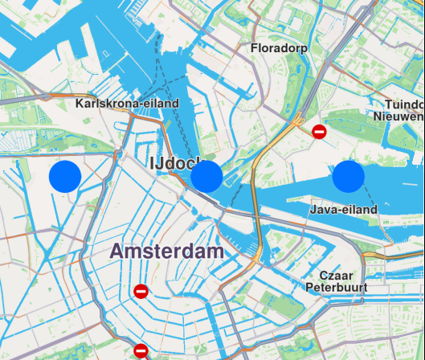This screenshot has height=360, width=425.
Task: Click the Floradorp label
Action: [x=280, y=48]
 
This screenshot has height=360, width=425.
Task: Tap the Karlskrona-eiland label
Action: [x=127, y=104]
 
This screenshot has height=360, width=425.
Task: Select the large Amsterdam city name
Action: [x=167, y=251]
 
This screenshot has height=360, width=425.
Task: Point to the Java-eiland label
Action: [x=343, y=209]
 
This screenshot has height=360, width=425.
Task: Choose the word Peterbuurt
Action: [x=337, y=287]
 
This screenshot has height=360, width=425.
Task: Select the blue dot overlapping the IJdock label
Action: [x=206, y=176]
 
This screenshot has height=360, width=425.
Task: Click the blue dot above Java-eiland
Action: [x=349, y=176]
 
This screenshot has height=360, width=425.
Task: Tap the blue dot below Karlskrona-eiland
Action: [x=66, y=176]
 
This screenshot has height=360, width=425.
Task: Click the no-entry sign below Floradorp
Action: [x=319, y=132]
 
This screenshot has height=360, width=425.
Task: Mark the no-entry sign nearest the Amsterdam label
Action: [x=141, y=292]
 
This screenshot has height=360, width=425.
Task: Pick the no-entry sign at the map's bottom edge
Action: [x=141, y=350]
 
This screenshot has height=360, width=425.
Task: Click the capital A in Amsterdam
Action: [x=118, y=251]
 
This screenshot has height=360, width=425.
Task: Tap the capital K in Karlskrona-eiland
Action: [x=80, y=104]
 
